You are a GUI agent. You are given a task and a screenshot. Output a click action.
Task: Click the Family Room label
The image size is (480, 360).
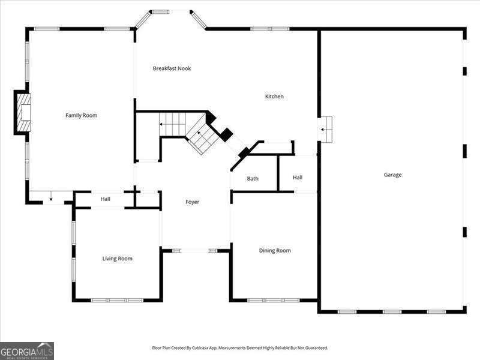[81, 115]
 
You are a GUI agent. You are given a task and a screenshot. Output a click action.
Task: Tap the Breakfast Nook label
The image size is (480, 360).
[172, 68]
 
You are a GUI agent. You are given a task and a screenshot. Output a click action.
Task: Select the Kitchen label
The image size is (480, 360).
[274, 97]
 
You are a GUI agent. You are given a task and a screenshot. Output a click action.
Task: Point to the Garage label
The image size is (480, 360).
[392, 175]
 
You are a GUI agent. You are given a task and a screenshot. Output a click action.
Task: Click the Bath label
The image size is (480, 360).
[253, 179]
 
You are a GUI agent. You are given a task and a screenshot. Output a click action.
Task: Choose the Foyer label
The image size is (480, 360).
[192, 202]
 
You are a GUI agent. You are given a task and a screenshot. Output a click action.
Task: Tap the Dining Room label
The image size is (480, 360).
[275, 251]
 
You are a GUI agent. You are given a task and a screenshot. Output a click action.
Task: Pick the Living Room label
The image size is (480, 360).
[117, 259]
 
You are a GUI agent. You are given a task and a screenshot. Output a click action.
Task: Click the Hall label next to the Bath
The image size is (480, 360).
[298, 178]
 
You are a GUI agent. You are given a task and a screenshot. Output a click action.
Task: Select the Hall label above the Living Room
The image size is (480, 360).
[106, 199]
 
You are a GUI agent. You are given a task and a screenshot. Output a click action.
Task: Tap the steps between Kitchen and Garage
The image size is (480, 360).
[325, 129]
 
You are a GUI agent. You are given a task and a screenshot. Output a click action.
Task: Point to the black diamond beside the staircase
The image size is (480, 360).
[225, 135]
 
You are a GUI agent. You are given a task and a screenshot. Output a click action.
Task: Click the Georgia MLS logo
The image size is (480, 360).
[27, 350]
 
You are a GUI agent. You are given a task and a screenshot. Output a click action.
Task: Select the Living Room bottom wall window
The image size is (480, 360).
[117, 300]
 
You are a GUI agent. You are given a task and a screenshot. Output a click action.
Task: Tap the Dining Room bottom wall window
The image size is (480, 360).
[274, 300]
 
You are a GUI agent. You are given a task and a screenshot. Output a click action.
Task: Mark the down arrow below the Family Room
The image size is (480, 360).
[52, 197]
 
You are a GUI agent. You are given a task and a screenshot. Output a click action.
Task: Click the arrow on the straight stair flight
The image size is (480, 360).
[162, 124]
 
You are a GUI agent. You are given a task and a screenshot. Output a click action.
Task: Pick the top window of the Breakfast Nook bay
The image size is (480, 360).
[160, 11]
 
